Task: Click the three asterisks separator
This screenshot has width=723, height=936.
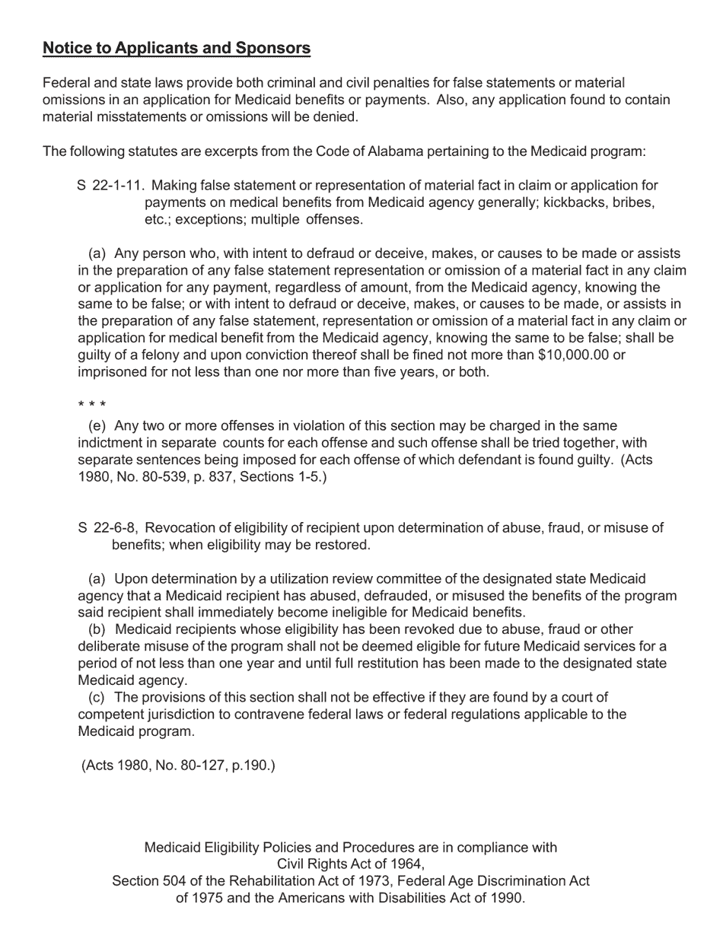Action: pos(92,405)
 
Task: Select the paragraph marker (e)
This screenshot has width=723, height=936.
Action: pos(97,425)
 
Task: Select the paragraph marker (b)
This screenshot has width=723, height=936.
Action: pos(97,629)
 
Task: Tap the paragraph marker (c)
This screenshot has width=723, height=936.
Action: pos(97,697)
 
